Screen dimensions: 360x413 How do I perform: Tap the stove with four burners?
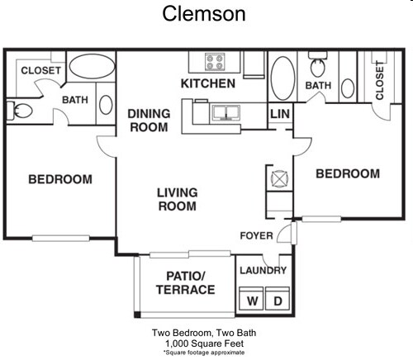pos(216,63)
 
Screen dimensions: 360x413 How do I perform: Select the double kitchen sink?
pos(225,113)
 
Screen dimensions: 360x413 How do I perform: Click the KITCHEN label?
pos(208,84)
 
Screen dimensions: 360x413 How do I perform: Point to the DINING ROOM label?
pos(148,121)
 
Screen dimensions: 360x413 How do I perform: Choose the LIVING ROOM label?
pos(178,199)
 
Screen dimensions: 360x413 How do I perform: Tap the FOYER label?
pos(256,236)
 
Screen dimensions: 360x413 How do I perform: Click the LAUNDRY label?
pos(263,271)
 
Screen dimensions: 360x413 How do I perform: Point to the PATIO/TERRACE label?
pos(185,282)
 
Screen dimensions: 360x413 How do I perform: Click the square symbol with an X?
pos(278,177)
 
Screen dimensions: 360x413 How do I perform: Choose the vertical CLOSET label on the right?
pos(379,82)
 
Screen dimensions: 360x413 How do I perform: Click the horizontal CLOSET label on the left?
pos(40,71)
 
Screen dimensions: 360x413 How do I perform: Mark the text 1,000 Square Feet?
pos(206,343)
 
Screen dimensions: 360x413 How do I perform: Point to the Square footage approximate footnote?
pos(206,352)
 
